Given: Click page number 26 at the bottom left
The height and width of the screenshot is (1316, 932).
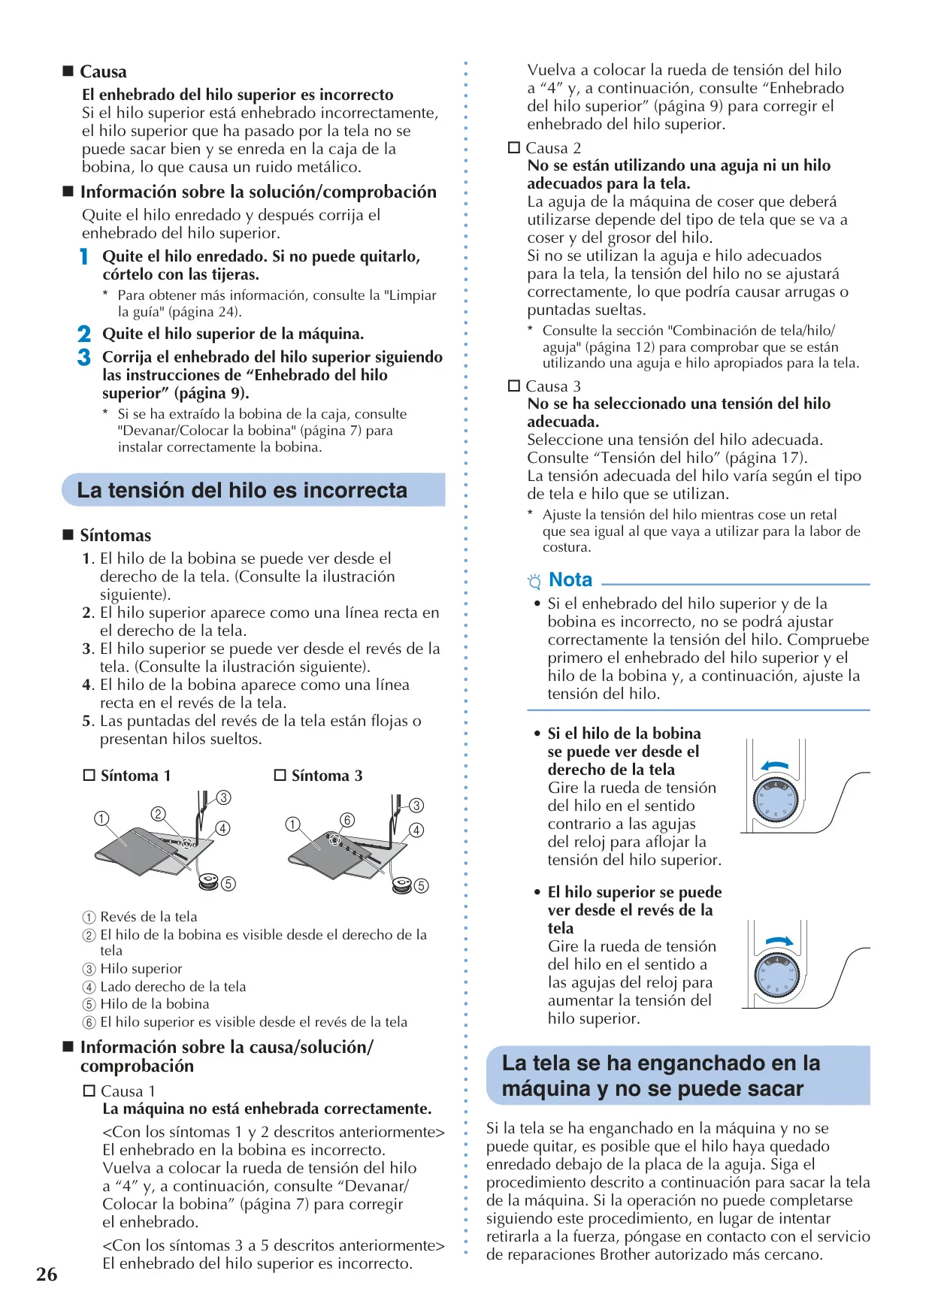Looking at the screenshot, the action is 47,1274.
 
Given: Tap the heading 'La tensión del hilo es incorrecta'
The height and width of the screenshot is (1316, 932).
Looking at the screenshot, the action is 242,490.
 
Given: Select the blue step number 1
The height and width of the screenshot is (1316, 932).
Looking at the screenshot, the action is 84,257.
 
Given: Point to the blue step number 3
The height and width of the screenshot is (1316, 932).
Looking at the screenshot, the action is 84,357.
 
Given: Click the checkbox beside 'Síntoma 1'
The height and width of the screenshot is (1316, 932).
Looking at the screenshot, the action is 89,775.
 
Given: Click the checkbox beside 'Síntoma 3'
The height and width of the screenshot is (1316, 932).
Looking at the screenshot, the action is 280,775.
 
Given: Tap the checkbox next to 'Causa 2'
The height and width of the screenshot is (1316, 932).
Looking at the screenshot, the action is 514,148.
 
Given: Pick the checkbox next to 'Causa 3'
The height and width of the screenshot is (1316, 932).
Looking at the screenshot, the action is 514,386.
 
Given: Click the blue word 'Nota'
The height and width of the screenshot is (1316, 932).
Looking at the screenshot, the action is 570,579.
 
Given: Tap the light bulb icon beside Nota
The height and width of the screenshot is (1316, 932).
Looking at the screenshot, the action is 534,581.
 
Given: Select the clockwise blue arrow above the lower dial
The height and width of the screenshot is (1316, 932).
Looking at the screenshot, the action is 779,941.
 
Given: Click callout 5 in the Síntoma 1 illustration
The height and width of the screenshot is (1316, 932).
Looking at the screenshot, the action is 228,884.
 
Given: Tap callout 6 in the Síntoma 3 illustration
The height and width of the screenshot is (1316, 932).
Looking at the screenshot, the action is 347,820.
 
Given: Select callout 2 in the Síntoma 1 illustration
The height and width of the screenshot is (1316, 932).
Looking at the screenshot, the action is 158,814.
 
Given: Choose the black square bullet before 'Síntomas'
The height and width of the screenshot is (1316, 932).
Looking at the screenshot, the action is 68,535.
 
